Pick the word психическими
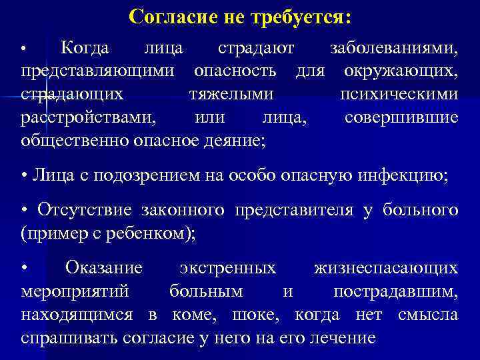point(399,94)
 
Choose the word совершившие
point(401,117)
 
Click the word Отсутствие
point(85,211)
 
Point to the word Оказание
point(104,269)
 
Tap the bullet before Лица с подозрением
point(24,177)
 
